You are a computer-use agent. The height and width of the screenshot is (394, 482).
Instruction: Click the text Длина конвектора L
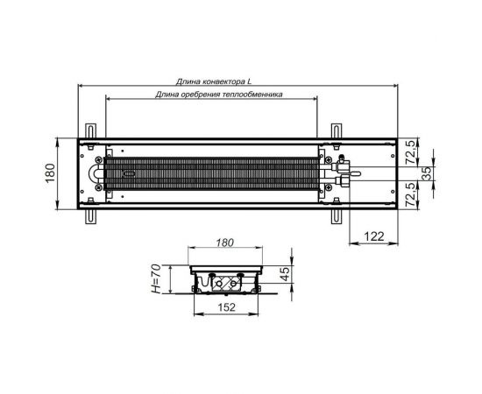(x=213, y=81)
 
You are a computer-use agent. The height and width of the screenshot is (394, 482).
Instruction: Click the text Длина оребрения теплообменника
(x=218, y=95)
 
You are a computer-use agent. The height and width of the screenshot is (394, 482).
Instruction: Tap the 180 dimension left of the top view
(x=50, y=173)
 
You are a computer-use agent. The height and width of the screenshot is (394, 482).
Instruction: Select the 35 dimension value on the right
(x=426, y=173)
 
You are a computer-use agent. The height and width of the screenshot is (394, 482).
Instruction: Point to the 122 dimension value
(x=374, y=236)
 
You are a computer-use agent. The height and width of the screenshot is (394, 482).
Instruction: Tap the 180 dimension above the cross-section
(x=224, y=243)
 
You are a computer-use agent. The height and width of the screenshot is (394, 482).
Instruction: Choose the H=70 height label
(x=157, y=278)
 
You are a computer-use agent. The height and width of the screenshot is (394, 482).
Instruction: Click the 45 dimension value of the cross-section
(x=285, y=274)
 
